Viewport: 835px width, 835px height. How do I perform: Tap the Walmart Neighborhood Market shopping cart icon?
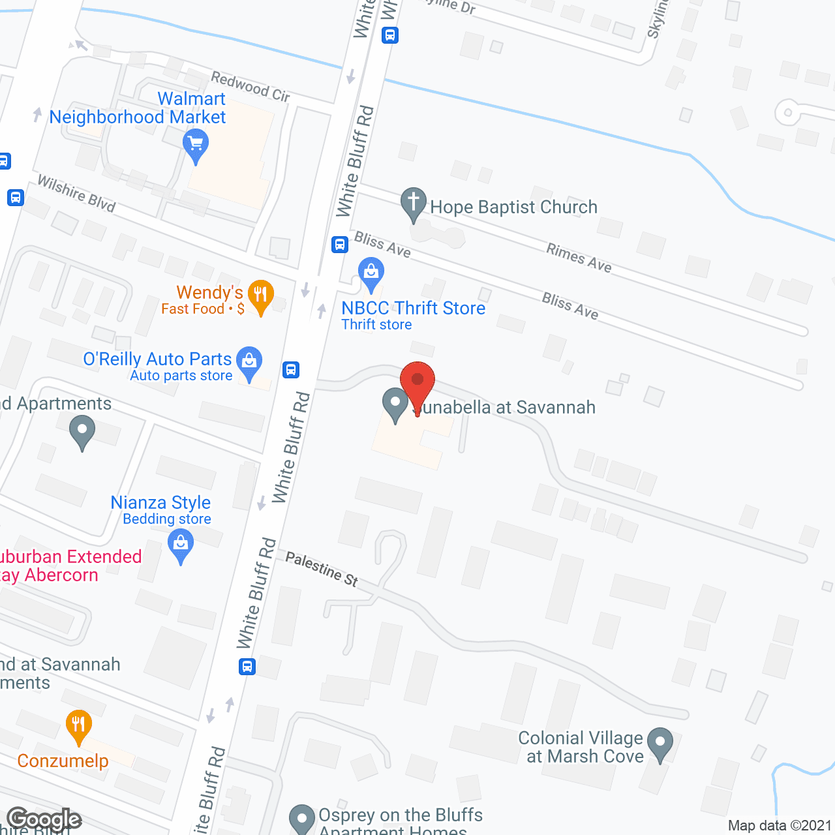[x=196, y=144]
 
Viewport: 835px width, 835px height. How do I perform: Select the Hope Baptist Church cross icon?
[x=414, y=202]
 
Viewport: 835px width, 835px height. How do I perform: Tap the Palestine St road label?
[x=322, y=568]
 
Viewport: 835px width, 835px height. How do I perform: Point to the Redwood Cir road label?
[x=250, y=87]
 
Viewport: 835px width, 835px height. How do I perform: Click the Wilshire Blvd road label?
[x=76, y=193]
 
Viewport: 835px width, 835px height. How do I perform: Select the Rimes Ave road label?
[x=579, y=258]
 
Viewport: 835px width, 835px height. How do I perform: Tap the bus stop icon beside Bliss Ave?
[x=339, y=245]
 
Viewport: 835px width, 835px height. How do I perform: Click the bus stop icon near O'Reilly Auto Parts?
[x=291, y=370]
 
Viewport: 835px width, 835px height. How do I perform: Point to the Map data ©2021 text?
[x=780, y=825]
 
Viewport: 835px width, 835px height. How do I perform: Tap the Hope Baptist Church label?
[x=513, y=207]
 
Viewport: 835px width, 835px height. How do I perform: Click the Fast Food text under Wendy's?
[x=193, y=309]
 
